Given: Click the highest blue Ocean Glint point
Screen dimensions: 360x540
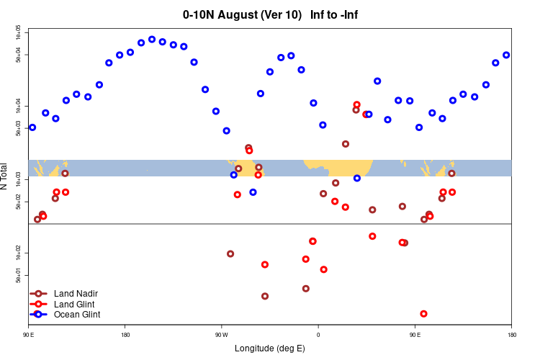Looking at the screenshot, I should click(152, 40).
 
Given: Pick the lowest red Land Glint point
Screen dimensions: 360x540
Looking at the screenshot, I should click(423, 314).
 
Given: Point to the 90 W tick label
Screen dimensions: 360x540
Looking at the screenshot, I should click(221, 336).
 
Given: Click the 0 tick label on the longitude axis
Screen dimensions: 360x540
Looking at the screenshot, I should click(318, 336).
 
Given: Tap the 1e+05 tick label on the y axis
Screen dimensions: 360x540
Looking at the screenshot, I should click(19, 33).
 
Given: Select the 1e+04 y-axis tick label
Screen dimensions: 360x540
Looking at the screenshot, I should click(19, 106).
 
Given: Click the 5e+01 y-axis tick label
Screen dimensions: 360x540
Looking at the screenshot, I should click(19, 275).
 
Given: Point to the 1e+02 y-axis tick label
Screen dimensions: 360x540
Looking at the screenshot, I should click(19, 253).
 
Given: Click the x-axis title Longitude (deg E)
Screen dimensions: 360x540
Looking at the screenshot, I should click(270, 348).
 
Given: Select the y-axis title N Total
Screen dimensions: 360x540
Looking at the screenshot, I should click(6, 176).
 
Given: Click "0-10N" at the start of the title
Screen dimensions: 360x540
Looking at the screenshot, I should click(199, 14).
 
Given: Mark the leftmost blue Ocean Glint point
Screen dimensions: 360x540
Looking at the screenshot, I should click(32, 127).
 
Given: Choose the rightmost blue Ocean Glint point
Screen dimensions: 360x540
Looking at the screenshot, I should click(506, 55).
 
